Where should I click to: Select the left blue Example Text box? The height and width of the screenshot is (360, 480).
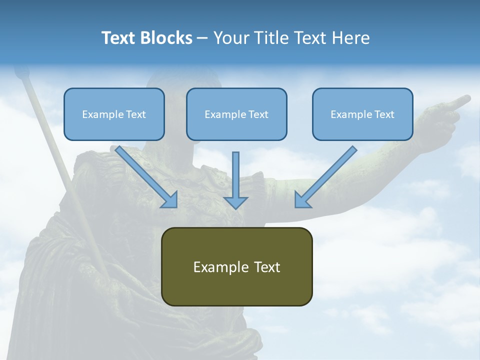[x=114, y=114]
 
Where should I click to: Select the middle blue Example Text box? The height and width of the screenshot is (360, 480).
[x=236, y=114]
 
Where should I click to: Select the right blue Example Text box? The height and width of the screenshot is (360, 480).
[x=362, y=114]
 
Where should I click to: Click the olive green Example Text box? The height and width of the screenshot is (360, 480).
[x=237, y=266]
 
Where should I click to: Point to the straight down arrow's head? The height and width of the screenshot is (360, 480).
[x=235, y=202]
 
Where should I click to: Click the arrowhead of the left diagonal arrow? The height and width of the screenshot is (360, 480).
[x=170, y=200]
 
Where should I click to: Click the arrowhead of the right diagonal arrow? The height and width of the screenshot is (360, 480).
[x=301, y=200]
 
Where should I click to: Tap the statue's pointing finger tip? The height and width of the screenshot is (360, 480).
[x=467, y=98]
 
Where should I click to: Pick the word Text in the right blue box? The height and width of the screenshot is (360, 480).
[x=384, y=114]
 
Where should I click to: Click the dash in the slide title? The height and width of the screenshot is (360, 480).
[x=202, y=38]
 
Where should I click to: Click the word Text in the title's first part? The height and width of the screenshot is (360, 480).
[x=118, y=38]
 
